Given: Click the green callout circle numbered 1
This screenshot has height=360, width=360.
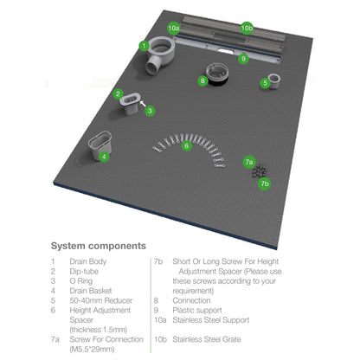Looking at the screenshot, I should point(144,45).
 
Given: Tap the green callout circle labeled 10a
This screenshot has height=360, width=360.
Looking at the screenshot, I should point(173,29).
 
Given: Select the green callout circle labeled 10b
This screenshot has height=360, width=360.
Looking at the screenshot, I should point(247,28).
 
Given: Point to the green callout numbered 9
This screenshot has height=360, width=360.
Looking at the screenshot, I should point(244,59).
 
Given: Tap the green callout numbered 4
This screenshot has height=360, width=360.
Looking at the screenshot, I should point(104,157).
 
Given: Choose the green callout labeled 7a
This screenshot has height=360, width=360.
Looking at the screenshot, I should point(248,161).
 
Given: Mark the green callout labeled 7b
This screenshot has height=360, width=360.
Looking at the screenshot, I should point(265,183).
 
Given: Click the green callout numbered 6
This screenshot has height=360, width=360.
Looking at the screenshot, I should point(186,145).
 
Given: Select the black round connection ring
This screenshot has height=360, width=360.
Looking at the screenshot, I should point(217,76).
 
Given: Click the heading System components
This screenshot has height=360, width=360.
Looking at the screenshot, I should point(98,246).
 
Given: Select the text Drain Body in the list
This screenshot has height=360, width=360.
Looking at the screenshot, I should point(90,260).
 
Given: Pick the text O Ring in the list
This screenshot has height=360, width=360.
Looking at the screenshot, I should point(84,280).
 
